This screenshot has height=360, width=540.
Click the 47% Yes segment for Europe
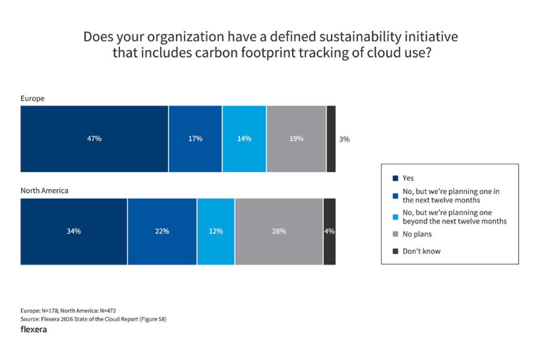95,138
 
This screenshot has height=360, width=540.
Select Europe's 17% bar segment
195,138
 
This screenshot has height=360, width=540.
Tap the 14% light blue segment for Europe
244,138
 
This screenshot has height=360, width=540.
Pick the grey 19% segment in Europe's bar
296,138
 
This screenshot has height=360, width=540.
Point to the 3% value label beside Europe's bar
344,139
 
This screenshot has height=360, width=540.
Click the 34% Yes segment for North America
74,231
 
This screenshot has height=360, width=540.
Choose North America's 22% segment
162,231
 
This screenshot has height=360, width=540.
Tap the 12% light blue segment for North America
216,231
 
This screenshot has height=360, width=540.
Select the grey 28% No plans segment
279,231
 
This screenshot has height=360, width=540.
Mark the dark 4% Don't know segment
329,231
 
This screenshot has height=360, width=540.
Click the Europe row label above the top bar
32,98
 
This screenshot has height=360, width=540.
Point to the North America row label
44,190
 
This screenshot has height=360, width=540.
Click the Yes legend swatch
395,178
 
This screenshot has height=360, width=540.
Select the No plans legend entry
417,234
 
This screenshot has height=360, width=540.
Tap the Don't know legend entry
421,251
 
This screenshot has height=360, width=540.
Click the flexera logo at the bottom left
33,329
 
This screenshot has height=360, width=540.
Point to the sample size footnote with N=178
68,310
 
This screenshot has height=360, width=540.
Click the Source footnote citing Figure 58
93,318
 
